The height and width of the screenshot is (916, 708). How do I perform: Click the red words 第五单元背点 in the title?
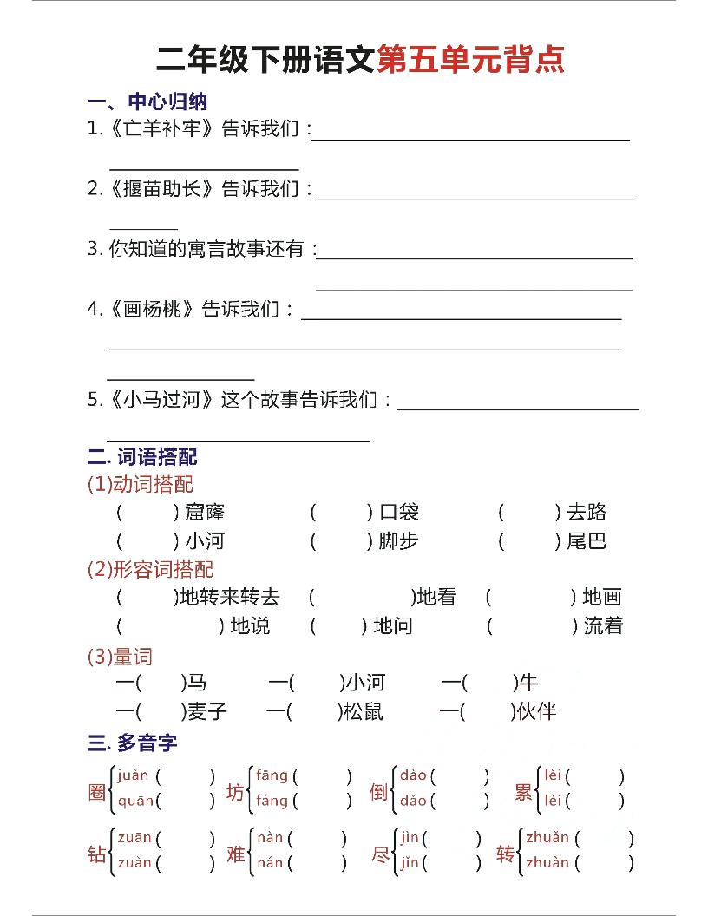(x=471, y=59)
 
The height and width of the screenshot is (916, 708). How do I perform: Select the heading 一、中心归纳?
(x=147, y=102)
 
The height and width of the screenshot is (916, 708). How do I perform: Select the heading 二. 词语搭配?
(x=143, y=456)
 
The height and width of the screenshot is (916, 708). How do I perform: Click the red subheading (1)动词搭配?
(x=141, y=484)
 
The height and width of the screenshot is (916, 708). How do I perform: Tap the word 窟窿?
(x=205, y=513)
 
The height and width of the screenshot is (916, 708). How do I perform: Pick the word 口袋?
(x=398, y=513)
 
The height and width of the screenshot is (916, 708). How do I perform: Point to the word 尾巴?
(x=587, y=541)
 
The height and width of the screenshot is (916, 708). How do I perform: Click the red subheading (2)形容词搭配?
(x=151, y=569)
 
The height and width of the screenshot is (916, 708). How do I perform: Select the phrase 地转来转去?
(x=229, y=597)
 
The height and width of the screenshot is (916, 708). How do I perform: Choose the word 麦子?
(x=207, y=712)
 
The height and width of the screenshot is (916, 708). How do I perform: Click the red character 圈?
(x=97, y=791)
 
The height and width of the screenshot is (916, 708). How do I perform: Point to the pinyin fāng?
(x=272, y=775)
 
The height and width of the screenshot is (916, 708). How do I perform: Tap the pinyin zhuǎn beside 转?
(x=547, y=838)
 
